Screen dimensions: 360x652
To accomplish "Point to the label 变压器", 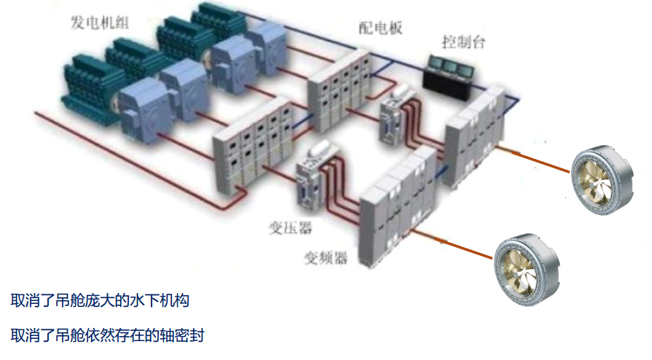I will coord(290,229).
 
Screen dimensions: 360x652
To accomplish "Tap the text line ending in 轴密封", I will coord(107,336).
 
